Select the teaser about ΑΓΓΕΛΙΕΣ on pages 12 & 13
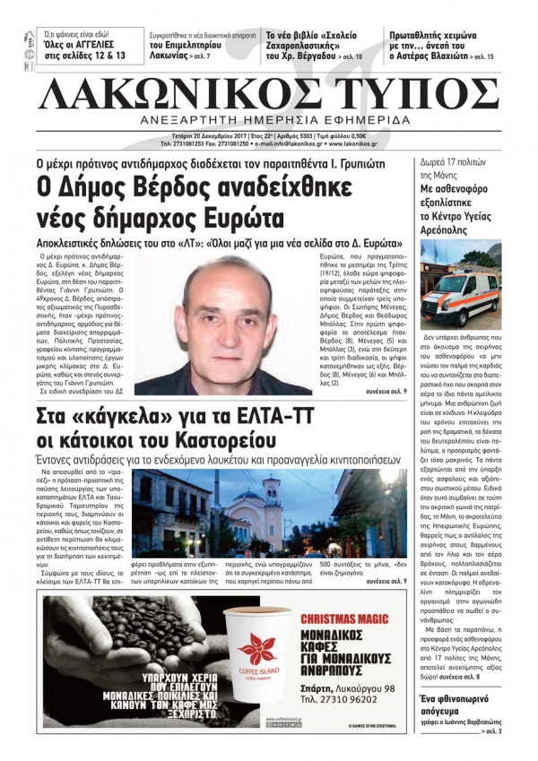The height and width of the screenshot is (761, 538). pyautogui.click(x=83, y=48)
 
